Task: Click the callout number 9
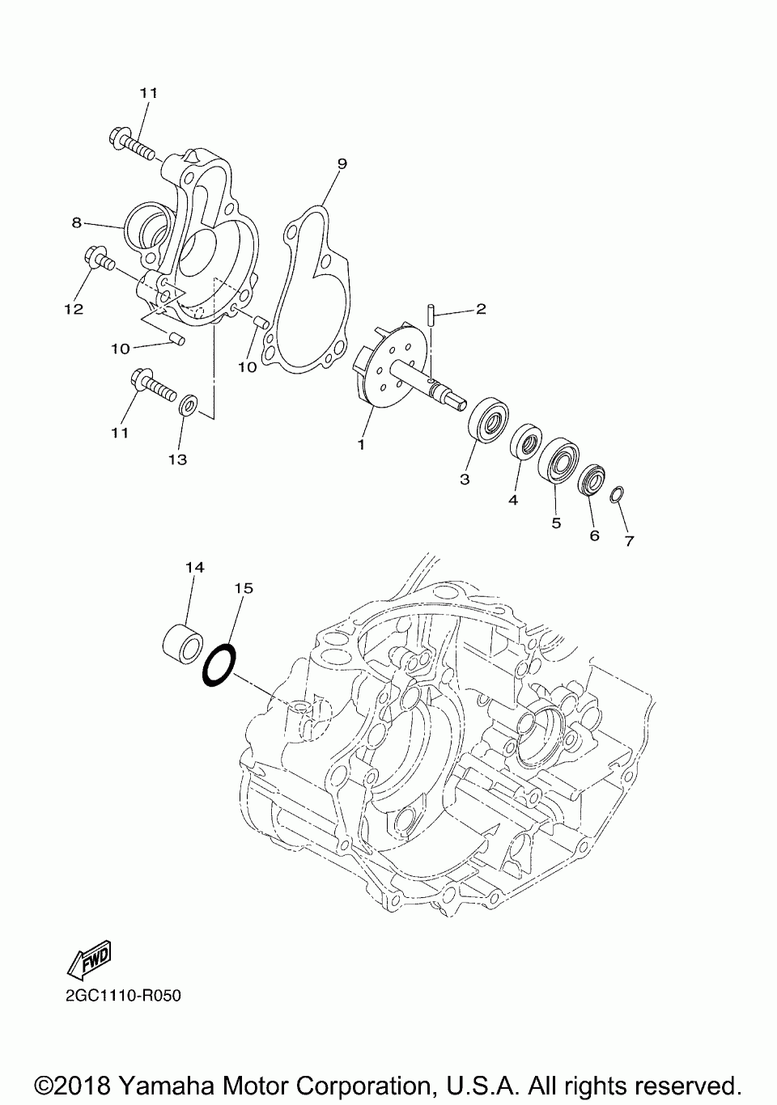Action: coord(342,164)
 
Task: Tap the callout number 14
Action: coord(194,568)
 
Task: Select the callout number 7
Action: coord(629,540)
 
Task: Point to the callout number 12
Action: coord(74,310)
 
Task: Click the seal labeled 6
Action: coord(593,481)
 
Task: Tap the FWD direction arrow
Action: coord(91,959)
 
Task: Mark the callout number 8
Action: coord(76,222)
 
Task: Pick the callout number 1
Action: coord(361,444)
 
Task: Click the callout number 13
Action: coord(177,459)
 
